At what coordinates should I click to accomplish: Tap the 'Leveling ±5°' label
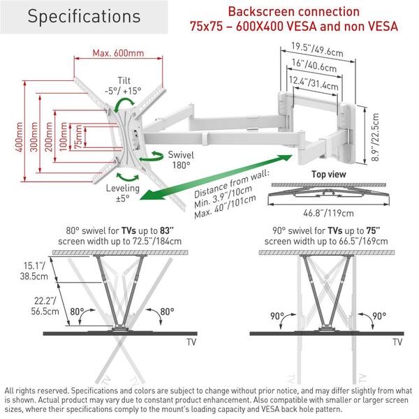pos(123,192)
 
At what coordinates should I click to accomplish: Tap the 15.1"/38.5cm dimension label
pos(30,270)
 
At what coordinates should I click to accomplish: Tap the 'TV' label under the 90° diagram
pos(397,342)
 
